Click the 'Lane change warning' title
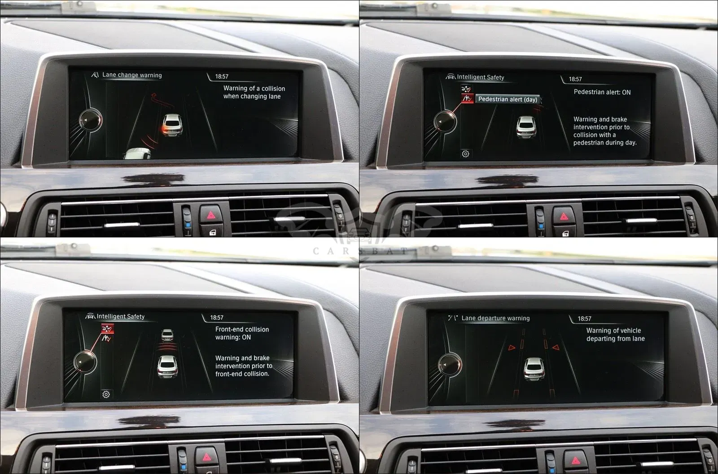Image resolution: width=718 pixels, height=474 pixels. [132, 75]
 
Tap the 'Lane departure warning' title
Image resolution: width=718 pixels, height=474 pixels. [495, 318]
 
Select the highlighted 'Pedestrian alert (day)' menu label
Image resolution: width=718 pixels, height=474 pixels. [508, 99]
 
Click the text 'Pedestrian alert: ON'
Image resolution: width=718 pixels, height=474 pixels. [602, 92]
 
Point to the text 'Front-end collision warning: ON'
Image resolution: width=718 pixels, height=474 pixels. [242, 333]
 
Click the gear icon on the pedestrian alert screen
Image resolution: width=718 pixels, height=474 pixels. [465, 154]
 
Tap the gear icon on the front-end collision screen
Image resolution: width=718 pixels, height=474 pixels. [106, 394]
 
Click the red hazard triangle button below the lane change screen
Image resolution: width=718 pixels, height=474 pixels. [211, 215]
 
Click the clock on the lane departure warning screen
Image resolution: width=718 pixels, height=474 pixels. [584, 319]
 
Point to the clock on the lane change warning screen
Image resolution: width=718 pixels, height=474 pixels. [222, 76]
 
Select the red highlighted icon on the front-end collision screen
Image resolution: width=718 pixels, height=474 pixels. [107, 329]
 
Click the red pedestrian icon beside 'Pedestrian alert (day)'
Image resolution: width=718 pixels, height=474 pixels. [467, 98]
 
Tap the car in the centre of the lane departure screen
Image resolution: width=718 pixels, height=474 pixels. [534, 369]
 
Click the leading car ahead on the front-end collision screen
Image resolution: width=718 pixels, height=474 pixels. [167, 335]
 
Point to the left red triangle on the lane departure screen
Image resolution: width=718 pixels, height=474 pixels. [512, 347]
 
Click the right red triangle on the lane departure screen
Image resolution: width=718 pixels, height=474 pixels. [556, 347]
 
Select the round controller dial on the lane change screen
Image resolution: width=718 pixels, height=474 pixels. [90, 120]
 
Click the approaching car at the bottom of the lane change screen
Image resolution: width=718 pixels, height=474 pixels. [137, 154]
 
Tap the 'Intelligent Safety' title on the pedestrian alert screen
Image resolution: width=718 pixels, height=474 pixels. [481, 77]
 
